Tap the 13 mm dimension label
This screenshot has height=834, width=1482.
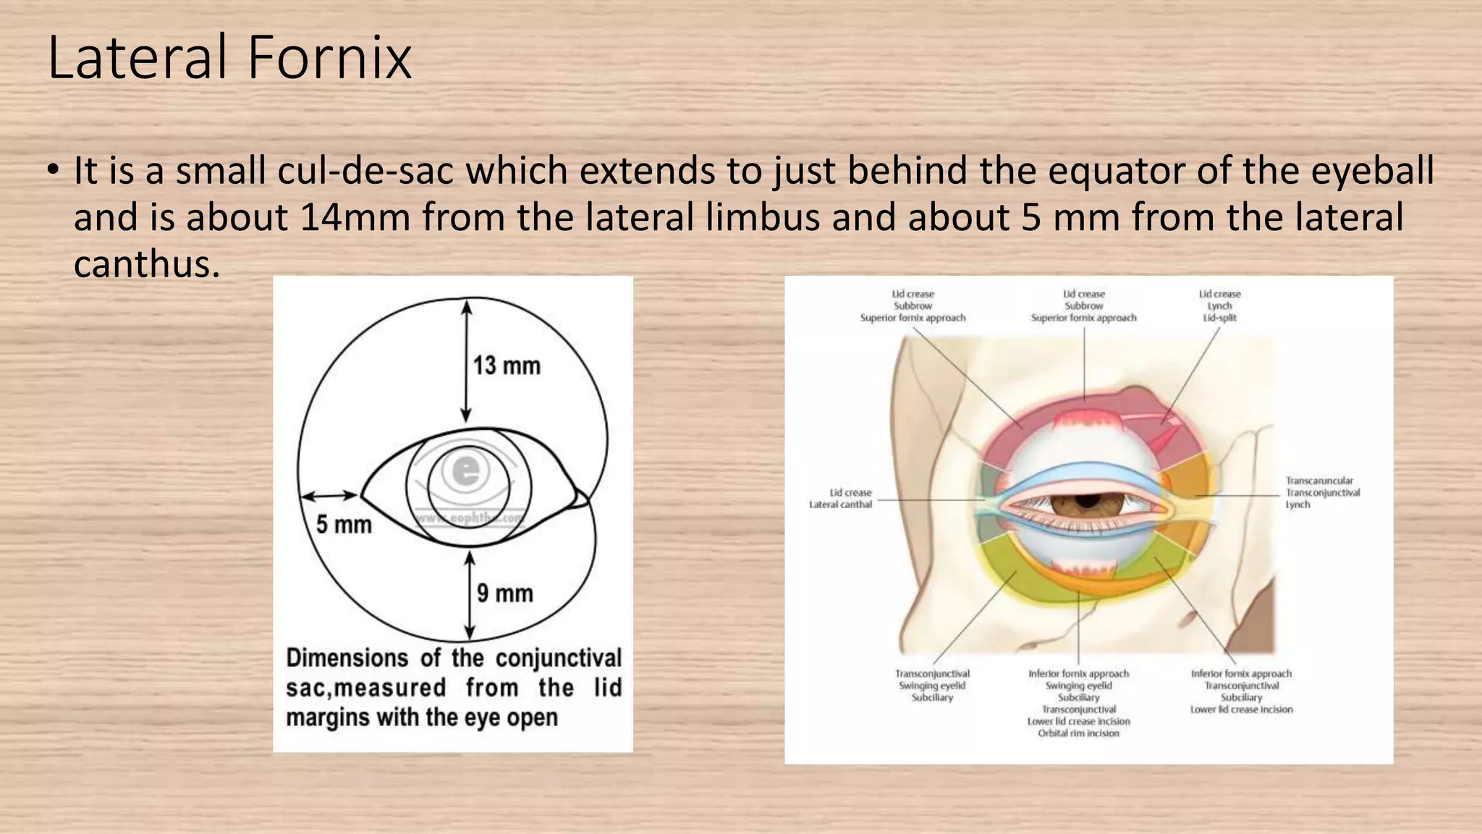click(x=507, y=366)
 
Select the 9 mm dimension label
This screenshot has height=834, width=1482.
click(x=505, y=594)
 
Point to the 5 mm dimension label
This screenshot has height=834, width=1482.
click(x=344, y=524)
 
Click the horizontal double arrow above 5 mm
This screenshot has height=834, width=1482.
click(x=329, y=496)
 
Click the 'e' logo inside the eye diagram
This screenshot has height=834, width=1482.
click(x=465, y=472)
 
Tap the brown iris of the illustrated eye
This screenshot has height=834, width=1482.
click(x=1085, y=502)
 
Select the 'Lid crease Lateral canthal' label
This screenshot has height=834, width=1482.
click(x=841, y=498)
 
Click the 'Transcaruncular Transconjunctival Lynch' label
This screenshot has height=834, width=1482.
click(x=1322, y=492)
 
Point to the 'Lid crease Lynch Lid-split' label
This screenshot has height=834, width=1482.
click(x=1219, y=306)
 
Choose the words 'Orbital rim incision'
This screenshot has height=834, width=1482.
click(x=1078, y=733)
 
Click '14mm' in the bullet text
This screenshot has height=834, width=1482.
click(x=355, y=217)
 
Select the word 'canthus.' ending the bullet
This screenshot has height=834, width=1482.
click(x=146, y=264)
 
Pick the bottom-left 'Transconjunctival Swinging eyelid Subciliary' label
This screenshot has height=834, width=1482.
click(x=932, y=685)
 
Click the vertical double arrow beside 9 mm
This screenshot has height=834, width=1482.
click(x=470, y=595)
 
